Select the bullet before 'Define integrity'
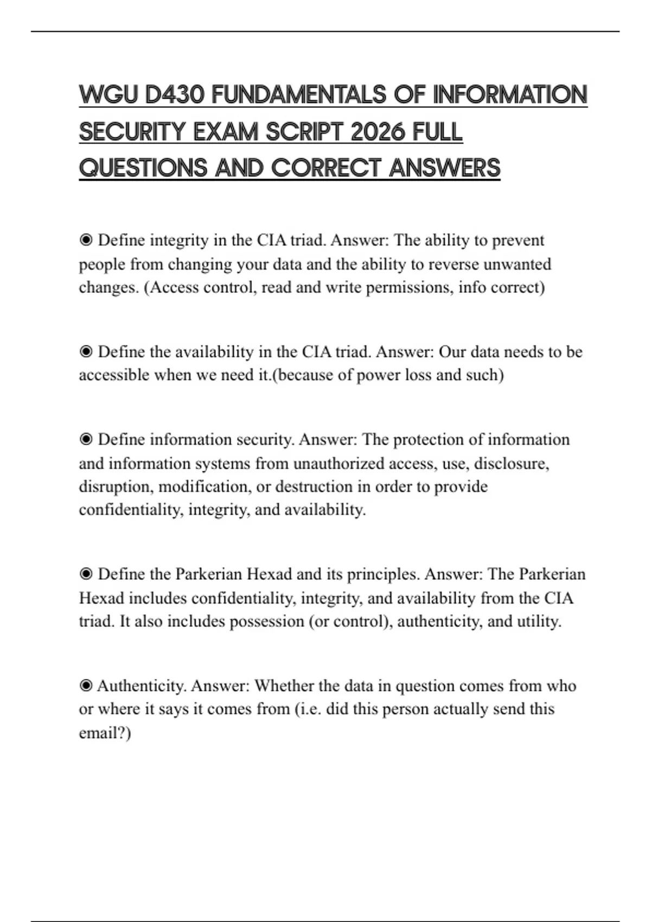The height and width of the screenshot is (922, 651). pos(86,240)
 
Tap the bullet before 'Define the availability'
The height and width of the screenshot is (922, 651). pos(86,352)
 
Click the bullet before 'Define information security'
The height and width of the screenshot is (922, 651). pos(86,439)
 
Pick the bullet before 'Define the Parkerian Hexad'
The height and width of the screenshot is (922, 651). pos(86,574)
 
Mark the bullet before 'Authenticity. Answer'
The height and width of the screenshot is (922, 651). pos(86,686)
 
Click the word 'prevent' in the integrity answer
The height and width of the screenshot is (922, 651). pos(518,240)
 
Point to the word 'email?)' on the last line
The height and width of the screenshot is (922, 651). pos(105,733)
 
